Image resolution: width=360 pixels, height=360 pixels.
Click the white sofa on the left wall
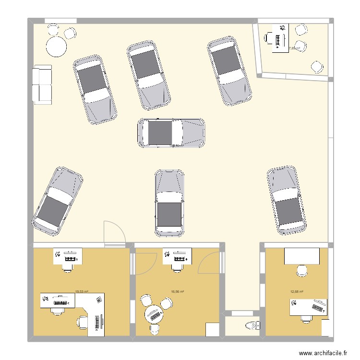42,85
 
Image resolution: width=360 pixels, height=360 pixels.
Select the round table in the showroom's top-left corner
56,47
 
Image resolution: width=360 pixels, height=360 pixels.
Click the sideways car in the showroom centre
172,133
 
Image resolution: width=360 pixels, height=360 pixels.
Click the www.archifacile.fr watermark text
323,353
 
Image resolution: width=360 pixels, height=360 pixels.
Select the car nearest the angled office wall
229,72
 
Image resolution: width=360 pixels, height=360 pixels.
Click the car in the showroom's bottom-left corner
57,202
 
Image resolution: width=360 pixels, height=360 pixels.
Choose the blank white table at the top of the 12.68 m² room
301,256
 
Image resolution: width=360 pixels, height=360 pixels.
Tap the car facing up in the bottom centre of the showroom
169,203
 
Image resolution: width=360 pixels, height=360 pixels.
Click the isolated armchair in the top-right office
317,66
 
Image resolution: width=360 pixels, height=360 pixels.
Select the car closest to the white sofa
95,90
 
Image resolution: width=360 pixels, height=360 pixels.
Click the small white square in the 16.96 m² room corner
212,330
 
